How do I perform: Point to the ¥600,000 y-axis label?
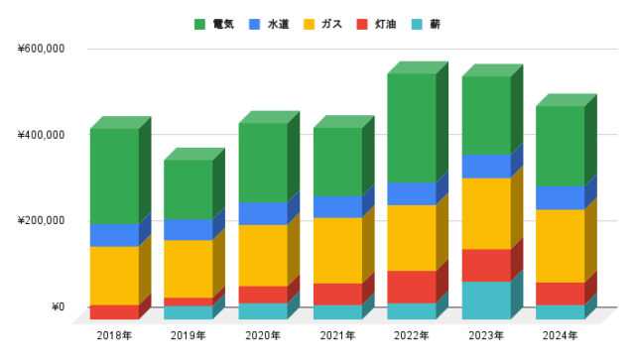tap(41, 49)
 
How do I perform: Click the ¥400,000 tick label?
tap(41, 135)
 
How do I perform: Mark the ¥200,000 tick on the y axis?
tap(41, 220)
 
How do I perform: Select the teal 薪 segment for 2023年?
tap(485, 300)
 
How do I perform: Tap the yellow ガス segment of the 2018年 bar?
tap(113, 275)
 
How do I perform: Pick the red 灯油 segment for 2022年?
tap(411, 287)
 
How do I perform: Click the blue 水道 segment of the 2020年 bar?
tap(262, 213)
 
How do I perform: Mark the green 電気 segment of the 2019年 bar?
tap(188, 189)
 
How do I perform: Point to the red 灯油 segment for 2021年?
tap(336, 294)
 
